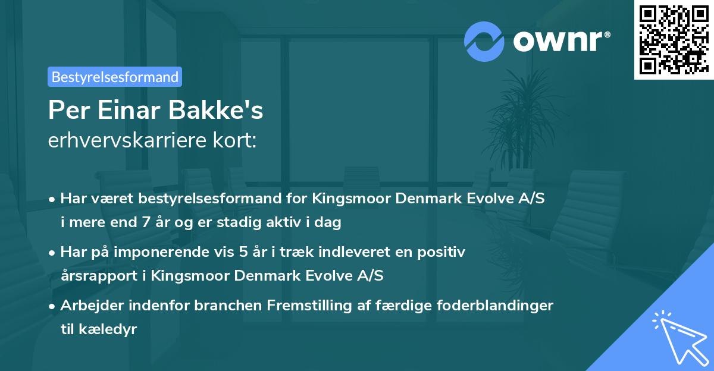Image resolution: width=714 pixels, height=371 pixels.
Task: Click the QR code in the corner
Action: point(674,39)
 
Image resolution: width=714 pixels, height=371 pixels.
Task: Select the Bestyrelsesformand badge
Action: point(115,77)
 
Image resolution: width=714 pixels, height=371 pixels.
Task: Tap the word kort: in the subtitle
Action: point(236,142)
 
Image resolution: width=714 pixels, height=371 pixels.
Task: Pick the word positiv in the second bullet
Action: point(445,252)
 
